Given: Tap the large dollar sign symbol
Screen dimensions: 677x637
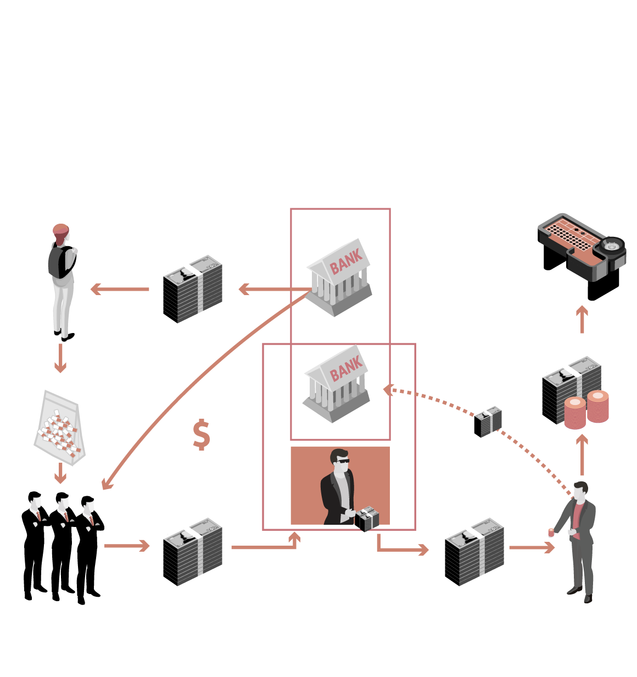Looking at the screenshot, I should click(202, 435).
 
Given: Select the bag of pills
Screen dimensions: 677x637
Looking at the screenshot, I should click(60, 428).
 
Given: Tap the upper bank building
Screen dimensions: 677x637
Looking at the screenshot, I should click(339, 277).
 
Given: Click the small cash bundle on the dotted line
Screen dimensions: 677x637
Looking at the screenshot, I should click(488, 422).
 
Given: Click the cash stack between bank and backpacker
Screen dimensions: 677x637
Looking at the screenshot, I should click(193, 289).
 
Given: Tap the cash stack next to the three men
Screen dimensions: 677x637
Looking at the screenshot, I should click(193, 552).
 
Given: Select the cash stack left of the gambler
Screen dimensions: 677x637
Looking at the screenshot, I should click(474, 552).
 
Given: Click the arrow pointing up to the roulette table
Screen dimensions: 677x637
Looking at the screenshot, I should click(582, 319).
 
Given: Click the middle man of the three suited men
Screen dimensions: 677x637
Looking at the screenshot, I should click(62, 544).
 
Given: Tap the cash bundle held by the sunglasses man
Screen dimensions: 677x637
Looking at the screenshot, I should click(367, 519).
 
